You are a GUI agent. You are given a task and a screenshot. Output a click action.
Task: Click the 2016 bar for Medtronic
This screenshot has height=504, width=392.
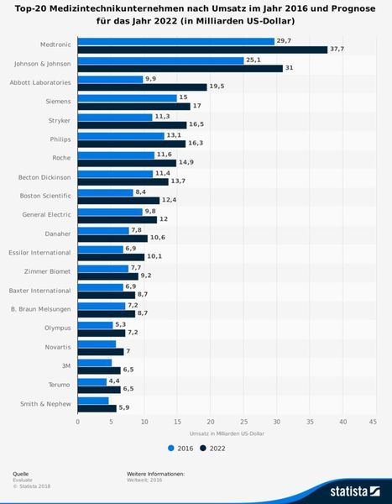click(175, 40)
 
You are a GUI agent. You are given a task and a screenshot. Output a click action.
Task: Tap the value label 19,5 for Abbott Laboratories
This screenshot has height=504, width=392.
click(216, 87)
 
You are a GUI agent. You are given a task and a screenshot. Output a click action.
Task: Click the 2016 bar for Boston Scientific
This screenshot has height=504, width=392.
click(105, 192)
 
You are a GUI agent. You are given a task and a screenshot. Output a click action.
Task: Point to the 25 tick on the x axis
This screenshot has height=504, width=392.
click(243, 422)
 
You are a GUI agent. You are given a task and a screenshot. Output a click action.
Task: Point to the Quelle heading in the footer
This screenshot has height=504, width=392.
click(20, 474)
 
